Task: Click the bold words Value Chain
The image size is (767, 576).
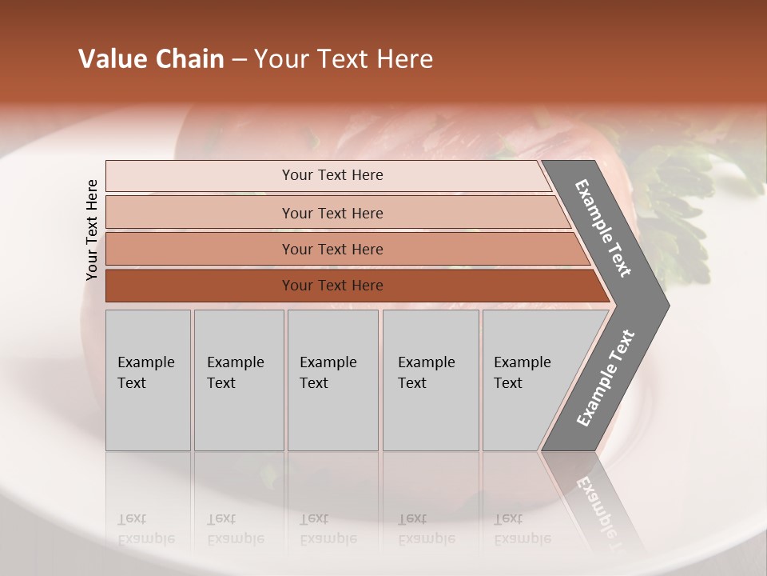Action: coord(151,59)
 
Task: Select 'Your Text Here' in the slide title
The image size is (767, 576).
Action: coord(344,59)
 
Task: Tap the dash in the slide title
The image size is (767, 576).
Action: coord(239,60)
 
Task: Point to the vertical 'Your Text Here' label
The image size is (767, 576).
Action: coord(92,230)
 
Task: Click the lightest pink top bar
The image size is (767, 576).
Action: coord(332,175)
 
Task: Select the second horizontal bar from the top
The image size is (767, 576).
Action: coord(332,213)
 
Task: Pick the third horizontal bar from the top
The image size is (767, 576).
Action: coord(332,249)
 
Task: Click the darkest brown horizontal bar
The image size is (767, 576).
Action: coord(332,286)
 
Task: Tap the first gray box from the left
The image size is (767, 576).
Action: coord(148,380)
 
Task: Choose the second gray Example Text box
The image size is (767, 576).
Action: coord(239,380)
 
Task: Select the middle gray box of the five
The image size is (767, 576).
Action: coord(332,380)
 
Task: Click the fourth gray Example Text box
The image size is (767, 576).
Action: coord(431,380)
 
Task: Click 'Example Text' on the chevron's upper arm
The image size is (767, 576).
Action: coord(603,228)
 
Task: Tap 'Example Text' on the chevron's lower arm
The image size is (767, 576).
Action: coord(606,378)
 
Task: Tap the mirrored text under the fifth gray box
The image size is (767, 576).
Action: coord(522,529)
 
